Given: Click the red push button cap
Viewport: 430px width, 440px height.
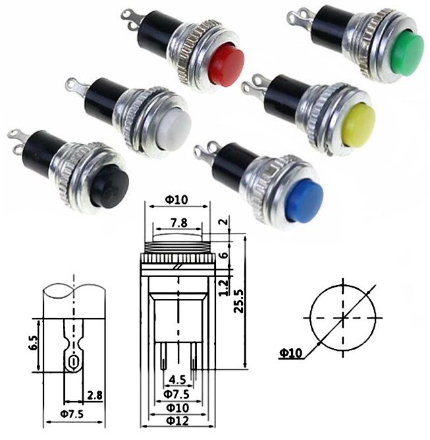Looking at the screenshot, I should [226, 64].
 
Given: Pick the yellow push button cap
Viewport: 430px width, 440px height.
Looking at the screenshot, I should [360, 125].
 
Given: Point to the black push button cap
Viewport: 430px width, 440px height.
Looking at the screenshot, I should [109, 185].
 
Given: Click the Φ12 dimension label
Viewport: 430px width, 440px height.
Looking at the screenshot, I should [178, 420].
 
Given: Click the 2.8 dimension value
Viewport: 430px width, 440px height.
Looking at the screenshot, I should [94, 395].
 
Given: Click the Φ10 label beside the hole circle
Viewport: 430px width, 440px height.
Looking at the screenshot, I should [290, 354].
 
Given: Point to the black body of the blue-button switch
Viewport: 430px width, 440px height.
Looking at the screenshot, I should [234, 166].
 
